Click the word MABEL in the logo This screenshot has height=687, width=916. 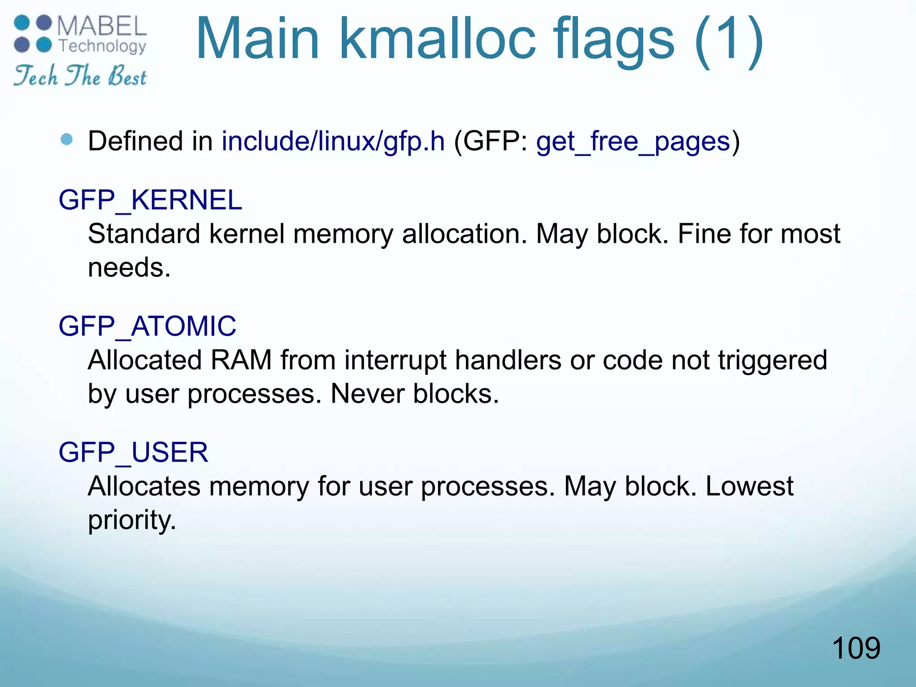[x=102, y=25]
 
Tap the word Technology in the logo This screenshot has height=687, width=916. [x=102, y=46]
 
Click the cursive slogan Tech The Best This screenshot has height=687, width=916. [x=80, y=76]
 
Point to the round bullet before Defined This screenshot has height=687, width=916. [x=67, y=140]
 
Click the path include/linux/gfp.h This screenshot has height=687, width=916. [x=333, y=141]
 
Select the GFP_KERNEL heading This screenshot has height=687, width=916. [x=150, y=200]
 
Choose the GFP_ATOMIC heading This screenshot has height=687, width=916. [x=147, y=326]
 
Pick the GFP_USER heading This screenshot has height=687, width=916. [x=133, y=452]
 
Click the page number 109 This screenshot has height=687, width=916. [x=856, y=648]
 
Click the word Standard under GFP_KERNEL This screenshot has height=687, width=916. [x=144, y=234]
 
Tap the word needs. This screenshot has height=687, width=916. [x=129, y=268]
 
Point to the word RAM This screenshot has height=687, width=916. [x=241, y=360]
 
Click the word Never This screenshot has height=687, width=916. [x=367, y=394]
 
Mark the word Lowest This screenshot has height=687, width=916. [x=749, y=486]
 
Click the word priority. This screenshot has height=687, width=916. [x=131, y=521]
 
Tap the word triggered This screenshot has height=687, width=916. [x=772, y=360]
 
